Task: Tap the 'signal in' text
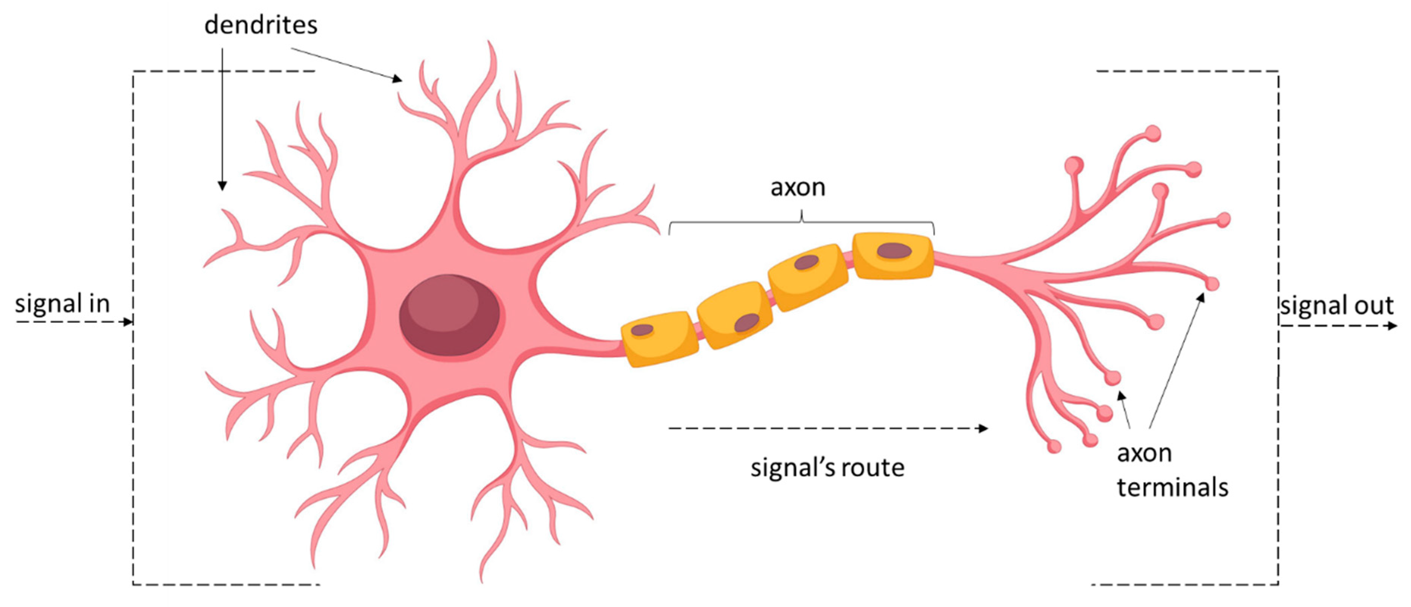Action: point(62,303)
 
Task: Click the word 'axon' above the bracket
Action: point(797,187)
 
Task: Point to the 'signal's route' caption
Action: point(827,468)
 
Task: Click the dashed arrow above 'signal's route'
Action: point(827,428)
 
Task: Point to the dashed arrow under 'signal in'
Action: point(74,322)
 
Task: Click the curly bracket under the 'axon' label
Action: point(802,221)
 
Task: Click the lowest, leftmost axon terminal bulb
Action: point(1054,447)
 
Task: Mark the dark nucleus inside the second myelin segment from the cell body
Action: point(746,323)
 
